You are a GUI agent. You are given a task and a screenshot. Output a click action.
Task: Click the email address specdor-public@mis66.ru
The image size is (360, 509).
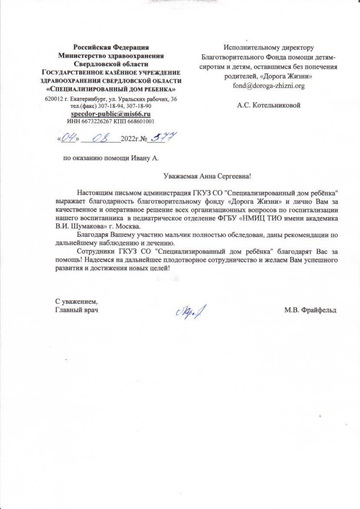pyautogui.click(x=111, y=114)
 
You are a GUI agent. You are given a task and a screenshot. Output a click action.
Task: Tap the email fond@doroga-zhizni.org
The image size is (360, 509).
pyautogui.click(x=269, y=86)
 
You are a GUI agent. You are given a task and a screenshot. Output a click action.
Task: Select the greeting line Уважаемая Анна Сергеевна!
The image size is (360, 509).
pyautogui.click(x=207, y=176)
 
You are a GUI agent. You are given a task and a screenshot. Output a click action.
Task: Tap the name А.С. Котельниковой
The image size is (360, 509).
pyautogui.click(x=268, y=105)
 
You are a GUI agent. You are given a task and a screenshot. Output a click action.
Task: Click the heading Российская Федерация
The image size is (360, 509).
pyautogui.click(x=111, y=47)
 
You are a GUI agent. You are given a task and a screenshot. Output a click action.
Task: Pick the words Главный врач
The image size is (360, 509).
pyautogui.click(x=77, y=310)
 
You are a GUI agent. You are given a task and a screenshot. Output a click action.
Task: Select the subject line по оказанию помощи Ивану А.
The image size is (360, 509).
pyautogui.click(x=111, y=158)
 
